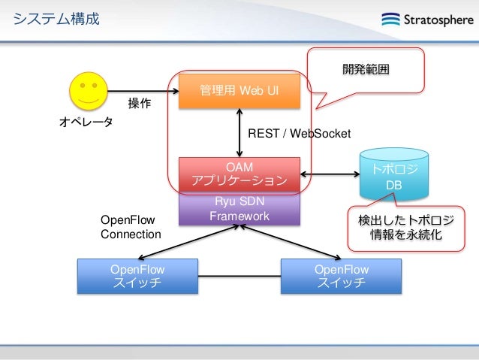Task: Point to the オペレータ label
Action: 86,121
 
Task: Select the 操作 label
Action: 139,104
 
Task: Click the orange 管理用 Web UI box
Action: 239,91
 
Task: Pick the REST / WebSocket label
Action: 299,133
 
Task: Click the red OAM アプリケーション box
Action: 239,174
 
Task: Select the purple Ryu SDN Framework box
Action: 239,209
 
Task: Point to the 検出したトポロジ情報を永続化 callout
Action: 405,227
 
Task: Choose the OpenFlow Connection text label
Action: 131,227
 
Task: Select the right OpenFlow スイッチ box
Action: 341,276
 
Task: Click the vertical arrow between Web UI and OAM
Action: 239,132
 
